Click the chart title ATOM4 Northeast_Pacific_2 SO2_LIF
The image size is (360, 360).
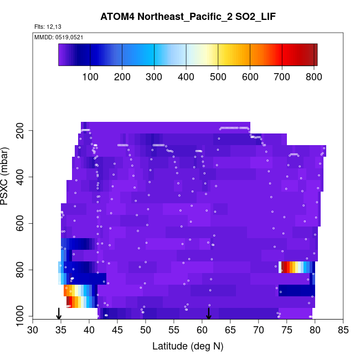tap(188, 17)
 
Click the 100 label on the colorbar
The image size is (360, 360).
tap(90, 76)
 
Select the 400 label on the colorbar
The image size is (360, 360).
tap(186, 76)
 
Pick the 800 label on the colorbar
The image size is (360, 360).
tap(314, 76)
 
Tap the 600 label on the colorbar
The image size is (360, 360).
tap(250, 76)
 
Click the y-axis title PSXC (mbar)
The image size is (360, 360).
tap(7, 176)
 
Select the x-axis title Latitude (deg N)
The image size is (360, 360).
tap(188, 346)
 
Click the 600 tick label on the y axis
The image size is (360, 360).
tap(23, 224)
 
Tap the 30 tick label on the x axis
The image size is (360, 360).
tap(33, 331)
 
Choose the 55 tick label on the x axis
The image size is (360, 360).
tap(174, 331)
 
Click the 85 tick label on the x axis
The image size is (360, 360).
tap(343, 331)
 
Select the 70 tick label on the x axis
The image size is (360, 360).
tap(259, 331)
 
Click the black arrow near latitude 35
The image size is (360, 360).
tap(59, 313)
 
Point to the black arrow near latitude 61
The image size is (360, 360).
tap(209, 313)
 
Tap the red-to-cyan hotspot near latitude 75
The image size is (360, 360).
tap(291, 267)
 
